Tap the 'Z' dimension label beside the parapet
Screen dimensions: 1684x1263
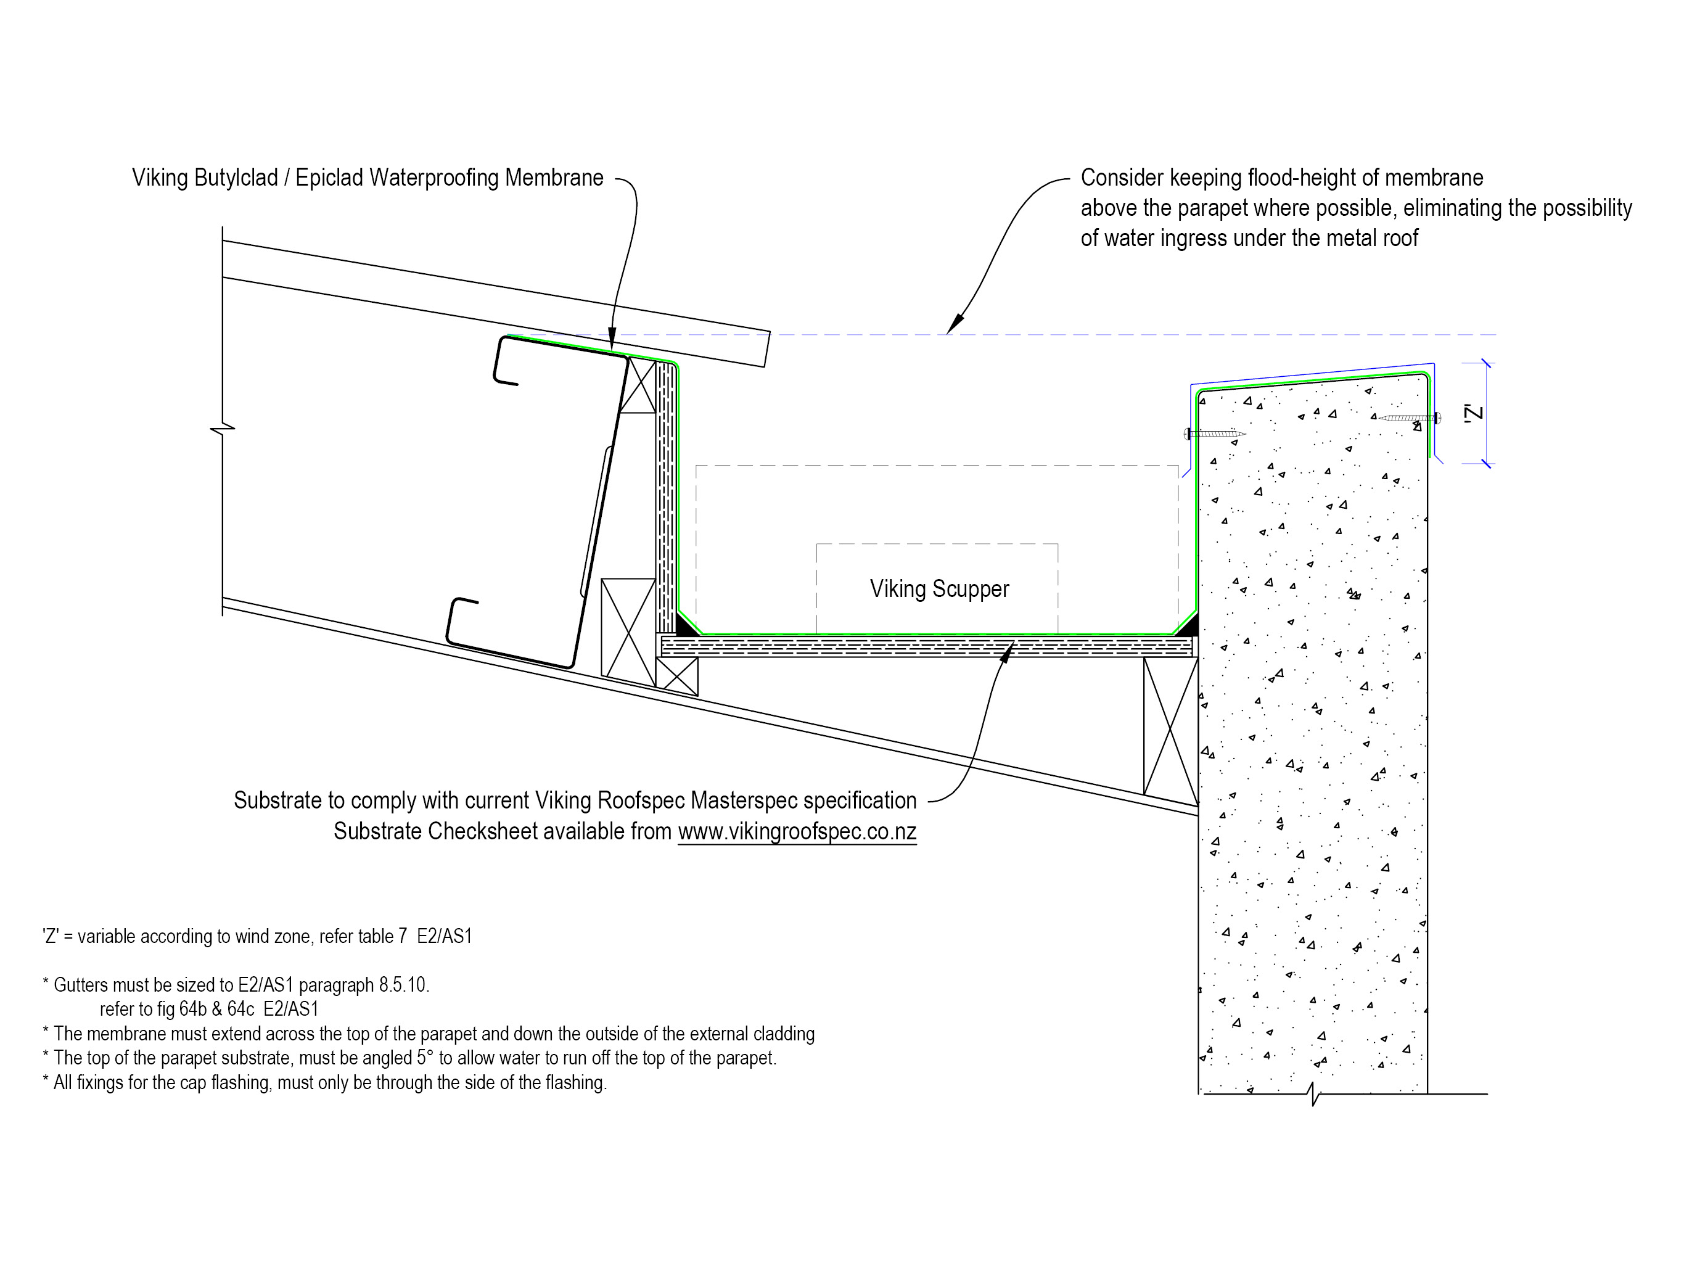tap(1474, 413)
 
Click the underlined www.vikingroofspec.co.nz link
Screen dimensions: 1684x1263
tap(797, 831)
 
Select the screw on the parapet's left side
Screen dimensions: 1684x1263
tap(1215, 434)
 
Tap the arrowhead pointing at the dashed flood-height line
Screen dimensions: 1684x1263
tap(955, 324)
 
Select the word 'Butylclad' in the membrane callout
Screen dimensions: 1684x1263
tap(236, 178)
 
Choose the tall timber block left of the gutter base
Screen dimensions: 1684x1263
tap(628, 627)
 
